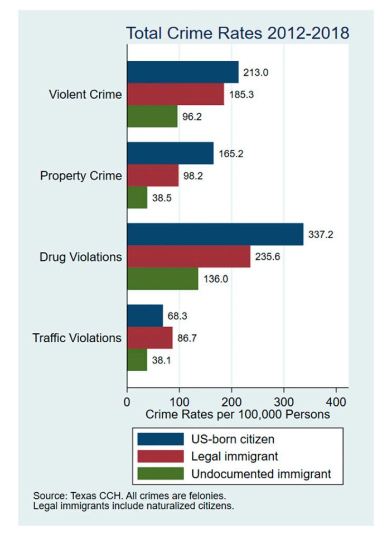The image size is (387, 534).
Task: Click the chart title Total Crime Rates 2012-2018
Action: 238,33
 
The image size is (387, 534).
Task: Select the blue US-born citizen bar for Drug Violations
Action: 215,234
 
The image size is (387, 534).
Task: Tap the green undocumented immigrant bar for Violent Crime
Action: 152,116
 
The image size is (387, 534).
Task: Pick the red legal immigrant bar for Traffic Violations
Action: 150,338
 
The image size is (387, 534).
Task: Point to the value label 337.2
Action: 322,235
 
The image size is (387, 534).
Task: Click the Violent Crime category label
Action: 85,94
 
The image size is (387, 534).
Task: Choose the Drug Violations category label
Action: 80,257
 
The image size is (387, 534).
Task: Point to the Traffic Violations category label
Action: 77,338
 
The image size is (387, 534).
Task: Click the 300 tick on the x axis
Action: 284,401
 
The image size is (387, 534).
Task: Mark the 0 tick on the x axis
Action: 127,401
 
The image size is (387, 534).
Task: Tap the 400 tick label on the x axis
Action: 336,401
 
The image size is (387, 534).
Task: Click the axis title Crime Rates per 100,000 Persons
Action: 238,415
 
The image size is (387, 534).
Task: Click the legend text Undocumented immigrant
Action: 261,474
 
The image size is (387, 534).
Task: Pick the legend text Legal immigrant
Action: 234,456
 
